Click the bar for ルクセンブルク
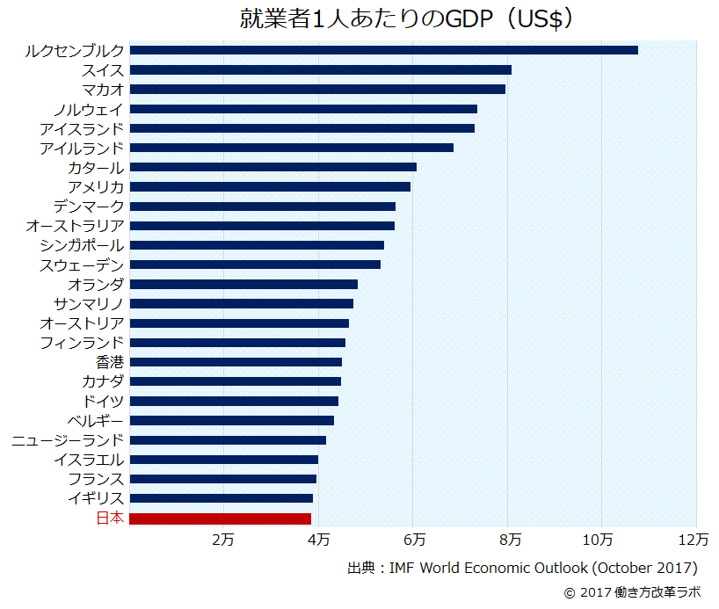(x=383, y=50)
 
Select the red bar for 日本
(x=220, y=518)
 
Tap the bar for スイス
(x=320, y=69)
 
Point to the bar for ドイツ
(x=234, y=401)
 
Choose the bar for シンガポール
(x=257, y=245)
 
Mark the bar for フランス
(x=222, y=479)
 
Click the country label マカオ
(x=103, y=90)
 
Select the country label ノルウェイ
(x=89, y=109)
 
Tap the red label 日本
(x=110, y=518)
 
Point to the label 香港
(x=110, y=362)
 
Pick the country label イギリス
(x=96, y=498)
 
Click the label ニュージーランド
(x=68, y=439)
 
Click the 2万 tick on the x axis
(x=223, y=538)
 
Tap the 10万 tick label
(x=600, y=538)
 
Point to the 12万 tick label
(x=694, y=538)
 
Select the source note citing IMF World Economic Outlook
(x=523, y=568)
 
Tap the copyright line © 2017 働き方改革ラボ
(x=633, y=592)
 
